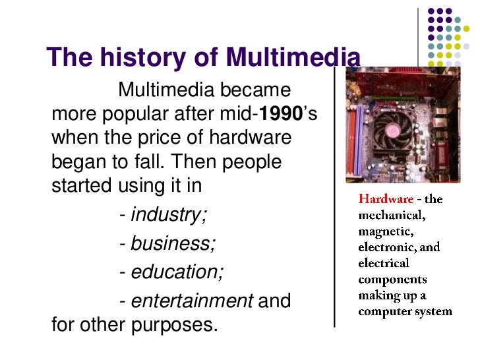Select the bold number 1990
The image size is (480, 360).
(282, 113)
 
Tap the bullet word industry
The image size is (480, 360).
(169, 214)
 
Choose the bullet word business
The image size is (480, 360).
(173, 244)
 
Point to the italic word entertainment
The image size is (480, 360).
(192, 301)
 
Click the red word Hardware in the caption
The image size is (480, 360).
(386, 198)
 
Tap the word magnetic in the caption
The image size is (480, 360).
(386, 231)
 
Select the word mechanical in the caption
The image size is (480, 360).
(392, 215)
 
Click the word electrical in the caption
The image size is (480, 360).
(383, 263)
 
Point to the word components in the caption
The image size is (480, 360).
(392, 279)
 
